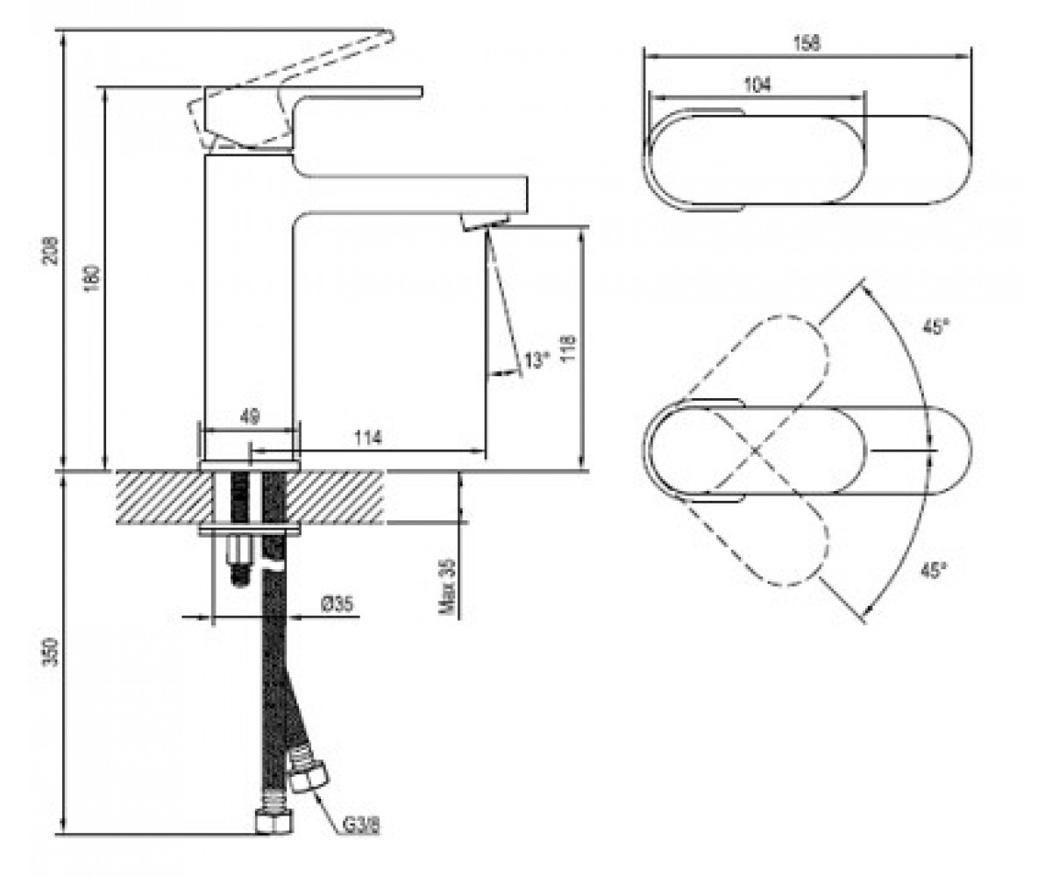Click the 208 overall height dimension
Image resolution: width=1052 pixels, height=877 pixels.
coord(51,250)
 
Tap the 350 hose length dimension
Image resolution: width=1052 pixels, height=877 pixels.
coord(51,652)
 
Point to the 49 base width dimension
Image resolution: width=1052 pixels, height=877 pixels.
coord(250,417)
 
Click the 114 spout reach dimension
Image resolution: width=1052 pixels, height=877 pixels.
coord(368,438)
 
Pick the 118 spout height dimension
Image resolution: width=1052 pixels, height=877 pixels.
coord(568,346)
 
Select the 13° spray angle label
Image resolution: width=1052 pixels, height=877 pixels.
coord(536,360)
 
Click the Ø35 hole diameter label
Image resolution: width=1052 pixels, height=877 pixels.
coord(337,603)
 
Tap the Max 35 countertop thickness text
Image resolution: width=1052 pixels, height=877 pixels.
coord(447,586)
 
